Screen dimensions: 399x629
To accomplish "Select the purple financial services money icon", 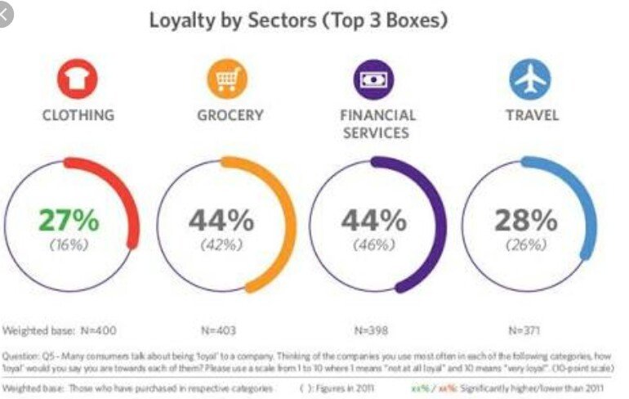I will coord(374,80).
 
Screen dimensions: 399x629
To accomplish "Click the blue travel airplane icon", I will coord(529,80).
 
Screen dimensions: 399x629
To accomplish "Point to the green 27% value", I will coord(68,221).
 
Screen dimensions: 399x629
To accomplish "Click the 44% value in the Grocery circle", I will coord(222,221).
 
